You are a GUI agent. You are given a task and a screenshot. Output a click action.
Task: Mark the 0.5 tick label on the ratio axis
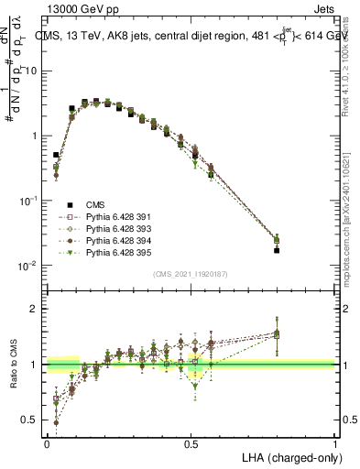click(x=29, y=420)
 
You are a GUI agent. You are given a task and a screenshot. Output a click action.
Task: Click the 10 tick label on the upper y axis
click(x=31, y=71)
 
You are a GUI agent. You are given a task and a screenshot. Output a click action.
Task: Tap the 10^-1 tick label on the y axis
click(x=28, y=201)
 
